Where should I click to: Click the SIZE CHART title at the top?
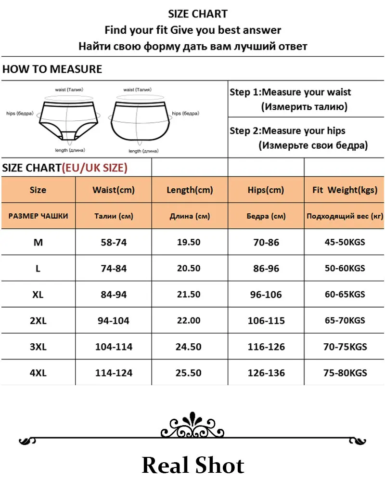198,14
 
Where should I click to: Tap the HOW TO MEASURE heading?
52,69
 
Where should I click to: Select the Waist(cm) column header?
114,190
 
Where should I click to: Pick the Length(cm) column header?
190,190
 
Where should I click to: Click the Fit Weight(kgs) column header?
345,190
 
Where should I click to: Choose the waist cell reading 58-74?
114,242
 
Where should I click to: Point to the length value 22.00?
189,321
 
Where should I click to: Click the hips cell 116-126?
266,347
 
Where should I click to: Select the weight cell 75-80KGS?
345,373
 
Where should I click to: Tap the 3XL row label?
38,347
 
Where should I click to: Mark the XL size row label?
38,295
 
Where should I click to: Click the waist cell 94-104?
114,321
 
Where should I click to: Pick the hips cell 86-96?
266,269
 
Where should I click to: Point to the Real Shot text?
193,466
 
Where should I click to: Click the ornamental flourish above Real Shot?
192,426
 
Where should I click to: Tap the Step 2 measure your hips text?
298,138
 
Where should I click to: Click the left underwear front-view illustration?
67,118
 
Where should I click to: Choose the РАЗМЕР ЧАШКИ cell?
38,216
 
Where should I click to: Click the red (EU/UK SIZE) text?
94,168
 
